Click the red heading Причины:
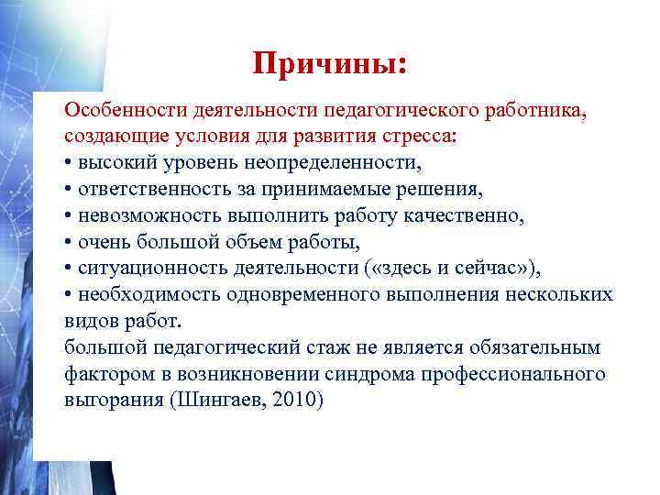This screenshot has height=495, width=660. [331, 63]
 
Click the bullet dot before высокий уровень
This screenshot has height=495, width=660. [69, 164]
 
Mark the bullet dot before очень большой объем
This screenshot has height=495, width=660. [69, 243]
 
